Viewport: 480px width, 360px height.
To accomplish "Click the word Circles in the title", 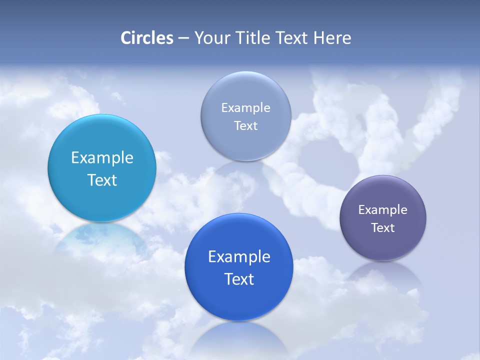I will [147, 38].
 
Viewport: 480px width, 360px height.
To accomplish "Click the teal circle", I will [102, 150].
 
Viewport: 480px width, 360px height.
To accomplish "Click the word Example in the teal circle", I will [102, 158].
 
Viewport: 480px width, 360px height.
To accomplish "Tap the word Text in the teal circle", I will [102, 180].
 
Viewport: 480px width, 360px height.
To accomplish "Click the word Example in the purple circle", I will [383, 210].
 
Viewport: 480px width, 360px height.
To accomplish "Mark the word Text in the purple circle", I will [383, 228].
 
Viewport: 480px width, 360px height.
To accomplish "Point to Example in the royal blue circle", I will [239, 257].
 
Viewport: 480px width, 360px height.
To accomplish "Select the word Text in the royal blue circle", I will [239, 279].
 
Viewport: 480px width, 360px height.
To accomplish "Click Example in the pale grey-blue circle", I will [246, 108].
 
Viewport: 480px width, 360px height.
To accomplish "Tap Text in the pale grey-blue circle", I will [246, 126].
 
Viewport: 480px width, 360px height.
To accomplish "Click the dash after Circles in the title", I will [183, 38].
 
